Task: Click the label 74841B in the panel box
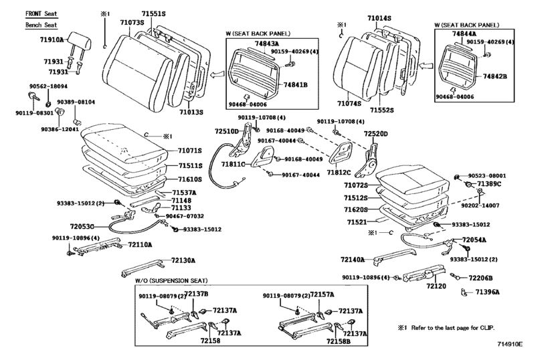pyautogui.click(x=294, y=85)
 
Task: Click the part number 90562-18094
pyautogui.click(x=48, y=86)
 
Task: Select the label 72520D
pyautogui.click(x=375, y=134)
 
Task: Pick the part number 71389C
pyautogui.click(x=488, y=183)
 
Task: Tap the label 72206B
pyautogui.click(x=480, y=278)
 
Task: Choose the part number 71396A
pyautogui.click(x=488, y=292)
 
